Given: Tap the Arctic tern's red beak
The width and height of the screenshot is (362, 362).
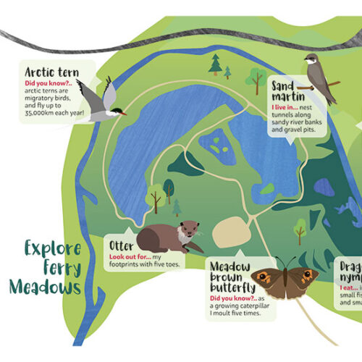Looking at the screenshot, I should pos(123,113).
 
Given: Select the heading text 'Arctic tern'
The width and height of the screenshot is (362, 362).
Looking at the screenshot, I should pos(50,72).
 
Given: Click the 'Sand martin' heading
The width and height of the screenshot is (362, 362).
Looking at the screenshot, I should pos(287,90).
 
